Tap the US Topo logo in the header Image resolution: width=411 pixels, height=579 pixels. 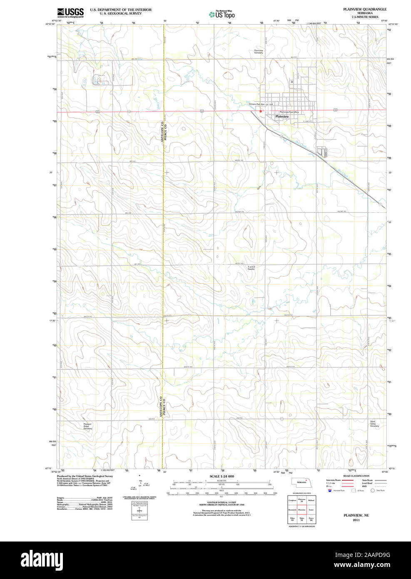(222, 14)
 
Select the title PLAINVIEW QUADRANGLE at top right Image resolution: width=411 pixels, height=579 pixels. (364, 9)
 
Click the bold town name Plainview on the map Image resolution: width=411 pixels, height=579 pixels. (282, 117)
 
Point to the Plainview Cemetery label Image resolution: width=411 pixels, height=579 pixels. (259, 52)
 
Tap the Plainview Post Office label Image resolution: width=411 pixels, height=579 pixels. (289, 112)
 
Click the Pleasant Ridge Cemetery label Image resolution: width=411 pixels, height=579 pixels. (87, 426)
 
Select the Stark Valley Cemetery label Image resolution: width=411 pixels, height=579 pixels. (374, 424)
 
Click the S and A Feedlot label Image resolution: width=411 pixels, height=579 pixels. (251, 268)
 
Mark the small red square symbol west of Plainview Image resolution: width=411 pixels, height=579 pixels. (260, 111)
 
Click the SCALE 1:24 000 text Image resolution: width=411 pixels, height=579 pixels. (222, 476)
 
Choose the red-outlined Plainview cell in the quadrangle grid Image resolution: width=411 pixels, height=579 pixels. (301, 510)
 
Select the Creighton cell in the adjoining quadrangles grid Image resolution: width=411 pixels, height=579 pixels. (292, 500)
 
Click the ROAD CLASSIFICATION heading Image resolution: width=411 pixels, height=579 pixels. (356, 476)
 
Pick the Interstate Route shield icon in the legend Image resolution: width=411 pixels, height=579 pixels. (330, 491)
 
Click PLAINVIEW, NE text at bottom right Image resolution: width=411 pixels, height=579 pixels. (356, 515)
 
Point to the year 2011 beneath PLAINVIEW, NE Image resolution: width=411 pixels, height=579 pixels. (356, 520)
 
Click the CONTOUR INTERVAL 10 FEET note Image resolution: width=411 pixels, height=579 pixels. (222, 503)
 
